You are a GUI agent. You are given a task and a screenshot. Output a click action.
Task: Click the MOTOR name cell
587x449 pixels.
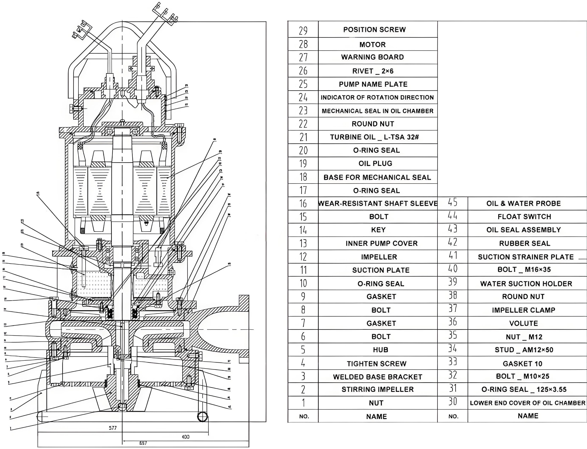372,44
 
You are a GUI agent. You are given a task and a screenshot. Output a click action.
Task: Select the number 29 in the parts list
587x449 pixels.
303,30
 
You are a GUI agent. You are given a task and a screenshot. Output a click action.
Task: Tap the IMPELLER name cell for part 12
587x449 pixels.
379,257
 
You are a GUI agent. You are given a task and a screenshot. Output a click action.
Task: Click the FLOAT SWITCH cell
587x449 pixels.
524,217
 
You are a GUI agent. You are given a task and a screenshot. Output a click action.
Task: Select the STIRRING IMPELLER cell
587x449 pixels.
378,389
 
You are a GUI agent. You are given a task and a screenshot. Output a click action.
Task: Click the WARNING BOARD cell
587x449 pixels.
372,57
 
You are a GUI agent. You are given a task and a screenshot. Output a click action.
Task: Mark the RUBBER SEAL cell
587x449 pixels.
525,243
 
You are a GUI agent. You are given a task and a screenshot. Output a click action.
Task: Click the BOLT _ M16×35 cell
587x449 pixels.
524,270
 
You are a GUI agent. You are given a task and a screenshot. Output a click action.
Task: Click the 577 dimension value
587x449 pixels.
113,428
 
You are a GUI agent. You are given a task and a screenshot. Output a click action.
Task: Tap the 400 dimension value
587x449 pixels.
185,437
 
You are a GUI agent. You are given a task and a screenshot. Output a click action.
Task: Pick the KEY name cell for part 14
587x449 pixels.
378,230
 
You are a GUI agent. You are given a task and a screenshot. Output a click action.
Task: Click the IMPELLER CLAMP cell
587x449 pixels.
524,310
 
